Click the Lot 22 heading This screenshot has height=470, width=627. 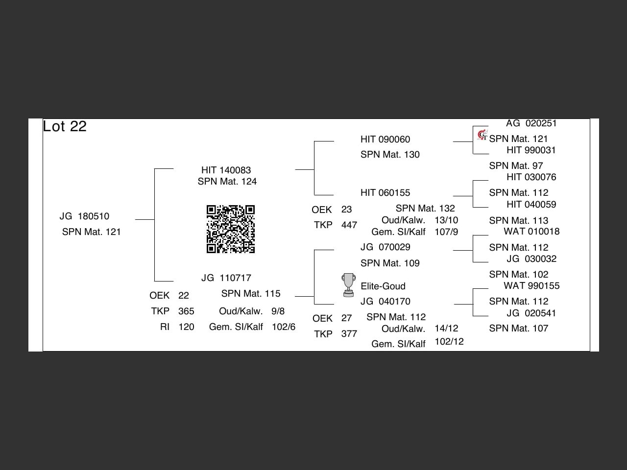65,126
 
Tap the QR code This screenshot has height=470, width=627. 231,229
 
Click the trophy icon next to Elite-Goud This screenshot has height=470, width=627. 348,285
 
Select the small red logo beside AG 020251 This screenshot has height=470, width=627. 482,135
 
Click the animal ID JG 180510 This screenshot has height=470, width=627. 84,216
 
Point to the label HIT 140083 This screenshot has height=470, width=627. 226,170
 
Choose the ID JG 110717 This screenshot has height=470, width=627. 226,278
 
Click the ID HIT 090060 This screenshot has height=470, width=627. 385,140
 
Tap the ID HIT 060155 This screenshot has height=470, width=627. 385,193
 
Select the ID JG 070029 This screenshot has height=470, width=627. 385,247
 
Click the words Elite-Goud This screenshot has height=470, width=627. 383,286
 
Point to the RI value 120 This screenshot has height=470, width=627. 186,327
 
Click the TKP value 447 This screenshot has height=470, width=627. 349,225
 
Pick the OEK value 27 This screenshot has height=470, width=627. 346,318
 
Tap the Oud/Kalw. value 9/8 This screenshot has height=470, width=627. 278,311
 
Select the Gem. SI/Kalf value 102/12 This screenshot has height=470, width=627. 449,342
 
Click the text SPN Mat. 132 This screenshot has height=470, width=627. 425,209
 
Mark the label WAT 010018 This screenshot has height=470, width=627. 531,232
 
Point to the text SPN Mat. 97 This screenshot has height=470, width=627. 516,166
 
